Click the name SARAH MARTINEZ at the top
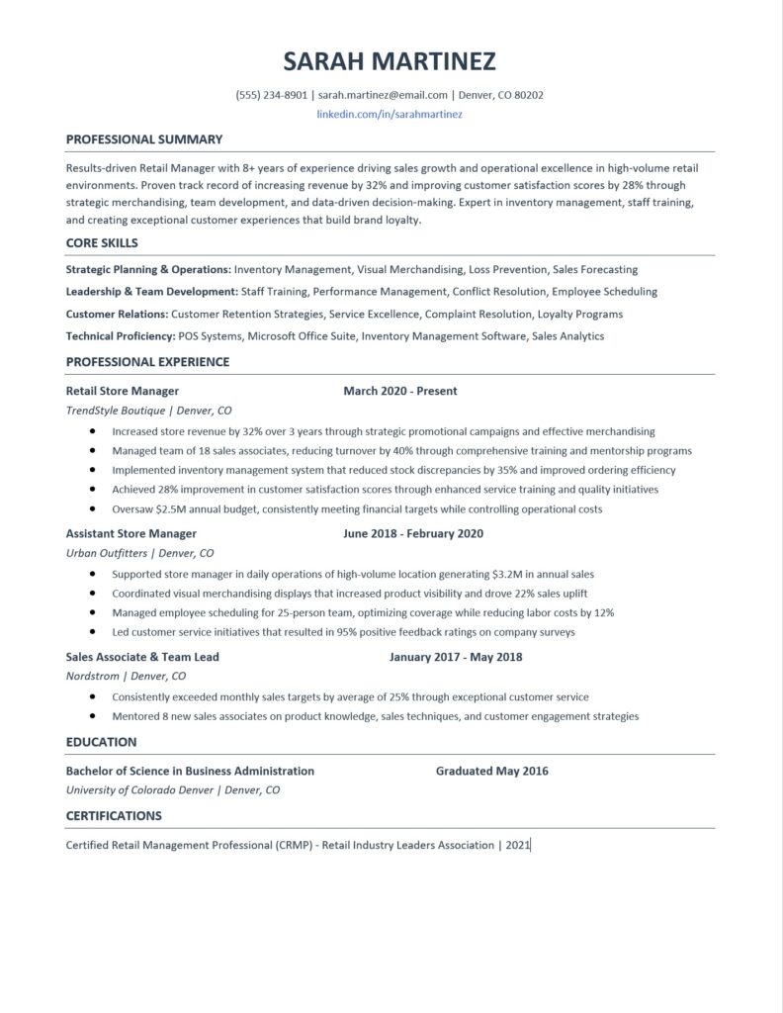tap(391, 62)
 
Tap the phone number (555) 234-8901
tap(272, 96)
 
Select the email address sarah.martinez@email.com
tap(383, 96)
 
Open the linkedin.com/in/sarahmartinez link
tap(390, 115)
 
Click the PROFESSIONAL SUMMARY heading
tap(144, 139)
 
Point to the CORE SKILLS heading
tap(102, 242)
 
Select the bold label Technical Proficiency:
tap(121, 336)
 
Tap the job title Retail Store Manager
tap(123, 391)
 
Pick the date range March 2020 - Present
tap(400, 391)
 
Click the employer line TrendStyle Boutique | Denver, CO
tap(149, 411)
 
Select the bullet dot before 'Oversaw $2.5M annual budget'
tap(92, 509)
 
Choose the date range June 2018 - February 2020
tap(413, 533)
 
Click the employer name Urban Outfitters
tap(108, 553)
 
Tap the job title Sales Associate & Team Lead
tap(142, 656)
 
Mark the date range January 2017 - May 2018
tap(456, 656)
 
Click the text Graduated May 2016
tap(491, 771)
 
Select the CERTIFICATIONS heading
tap(114, 816)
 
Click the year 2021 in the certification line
tap(517, 845)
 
